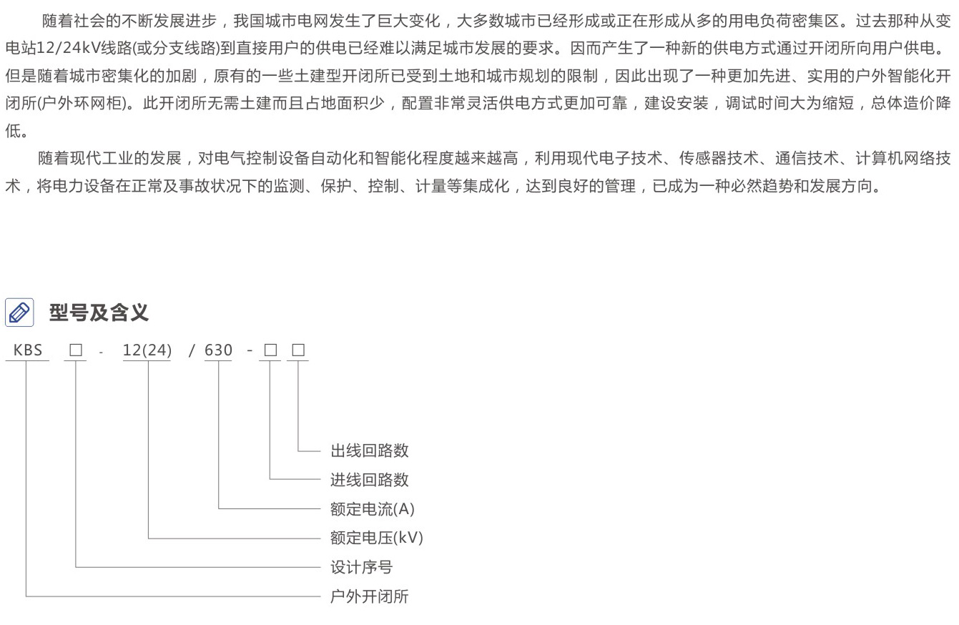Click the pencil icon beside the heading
pos(19,312)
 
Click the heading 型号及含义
pos(99,312)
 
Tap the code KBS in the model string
pos(28,350)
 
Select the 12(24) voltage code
pos(147,350)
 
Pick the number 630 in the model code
pos(218,350)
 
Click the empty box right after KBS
pos(76,350)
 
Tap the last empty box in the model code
pos(298,350)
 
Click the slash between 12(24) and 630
pos(192,350)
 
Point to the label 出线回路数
pos(369,451)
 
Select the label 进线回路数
pos(369,480)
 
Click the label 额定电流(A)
pos(372,509)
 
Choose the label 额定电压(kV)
pos(376,538)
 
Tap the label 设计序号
pos(361,568)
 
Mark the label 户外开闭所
pos(369,596)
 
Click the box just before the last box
pos(270,350)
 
